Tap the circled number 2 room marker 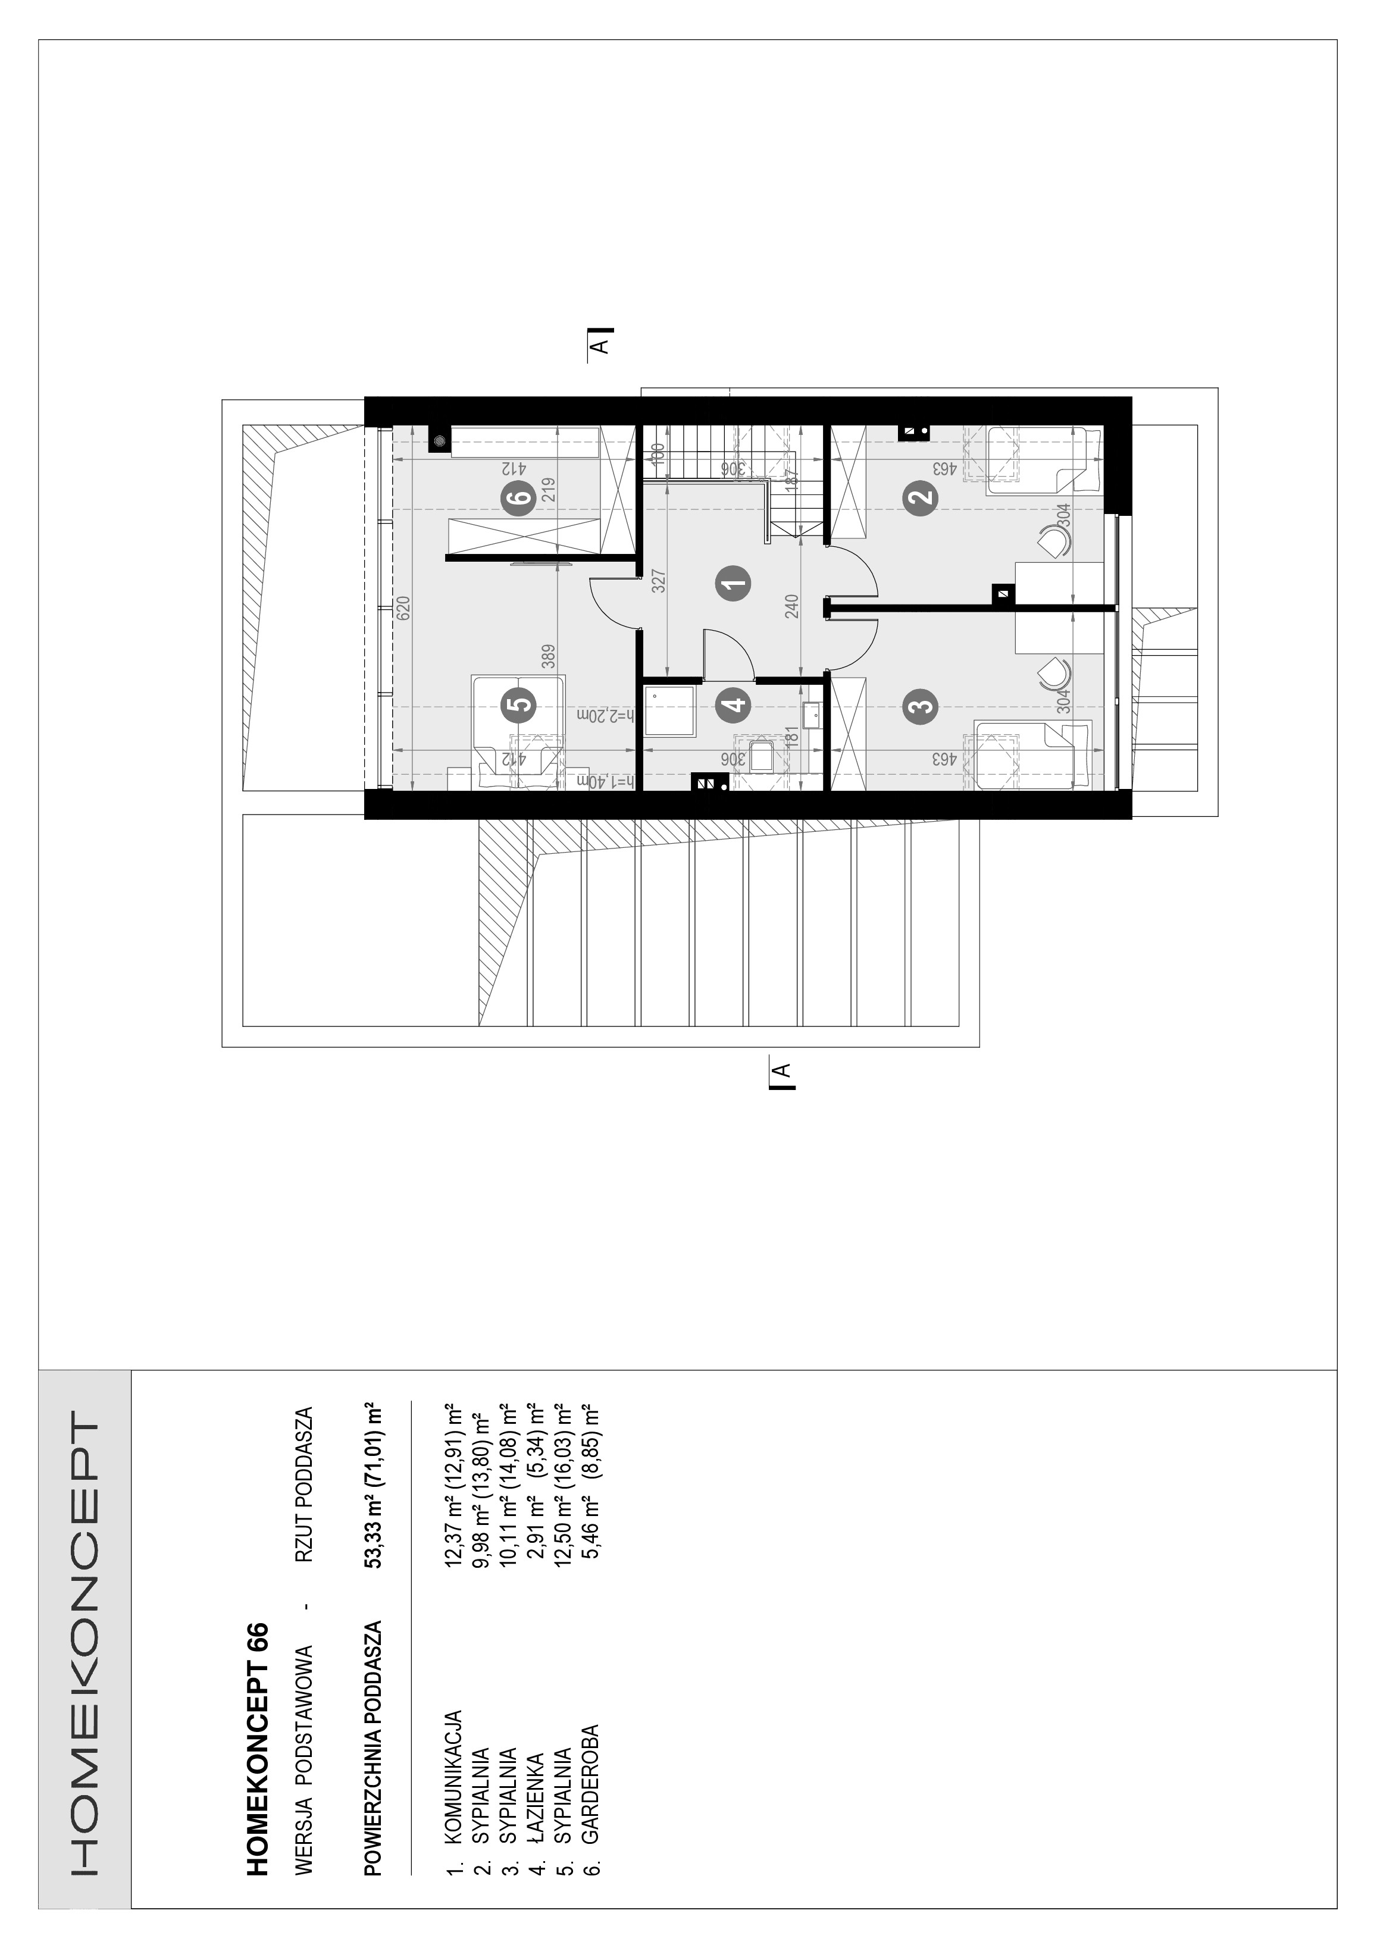(921, 496)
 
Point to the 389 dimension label (549, 657)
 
